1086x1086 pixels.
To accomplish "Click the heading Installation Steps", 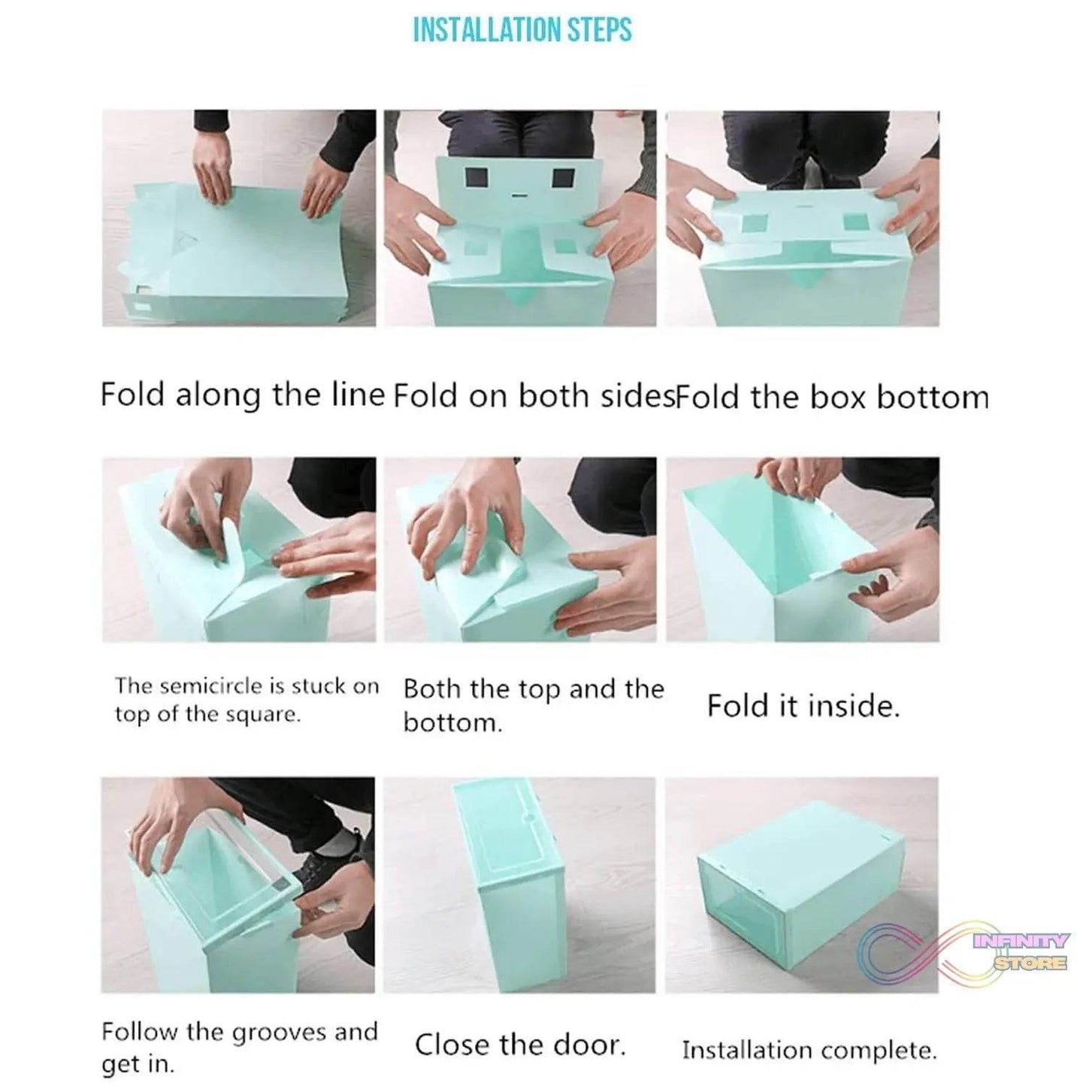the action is click(x=522, y=30).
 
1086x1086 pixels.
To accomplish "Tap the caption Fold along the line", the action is click(x=242, y=395).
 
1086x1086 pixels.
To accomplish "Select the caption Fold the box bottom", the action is click(x=831, y=397).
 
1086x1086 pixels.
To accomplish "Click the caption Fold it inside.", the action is click(x=803, y=706).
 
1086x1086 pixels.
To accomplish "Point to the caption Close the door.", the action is click(x=520, y=1029).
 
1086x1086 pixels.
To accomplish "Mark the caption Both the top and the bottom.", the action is click(x=534, y=704).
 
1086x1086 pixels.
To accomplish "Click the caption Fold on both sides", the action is click(x=533, y=395).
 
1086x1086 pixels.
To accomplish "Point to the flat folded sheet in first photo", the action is click(x=237, y=256).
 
